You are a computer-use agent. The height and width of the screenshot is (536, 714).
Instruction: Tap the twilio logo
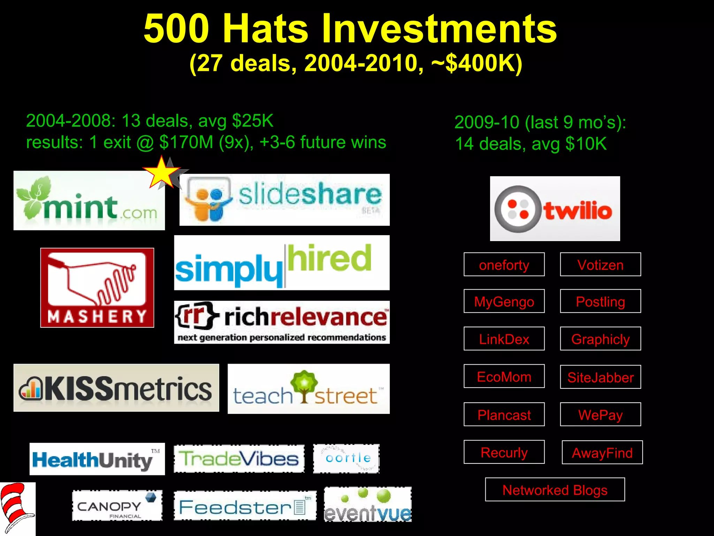tap(555, 209)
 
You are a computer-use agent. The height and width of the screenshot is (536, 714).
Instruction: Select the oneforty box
tap(504, 265)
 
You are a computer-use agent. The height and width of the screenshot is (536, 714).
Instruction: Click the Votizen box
tap(600, 265)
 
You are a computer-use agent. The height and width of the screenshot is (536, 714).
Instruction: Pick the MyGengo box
tap(504, 301)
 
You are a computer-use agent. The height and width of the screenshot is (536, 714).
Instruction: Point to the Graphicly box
tap(600, 339)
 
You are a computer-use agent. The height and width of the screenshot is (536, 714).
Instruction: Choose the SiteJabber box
tap(600, 377)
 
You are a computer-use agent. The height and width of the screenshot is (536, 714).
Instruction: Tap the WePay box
tap(600, 415)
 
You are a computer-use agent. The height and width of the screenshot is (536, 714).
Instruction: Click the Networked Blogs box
tap(555, 490)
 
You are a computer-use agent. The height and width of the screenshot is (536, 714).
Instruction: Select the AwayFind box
tap(602, 453)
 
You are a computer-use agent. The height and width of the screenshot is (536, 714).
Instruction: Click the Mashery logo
tap(97, 288)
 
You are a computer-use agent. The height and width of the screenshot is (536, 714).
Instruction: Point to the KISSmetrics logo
tap(116, 388)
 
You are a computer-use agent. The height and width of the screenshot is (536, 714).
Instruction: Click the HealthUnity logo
tap(97, 459)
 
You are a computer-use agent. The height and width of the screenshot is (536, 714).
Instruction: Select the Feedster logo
tap(245, 506)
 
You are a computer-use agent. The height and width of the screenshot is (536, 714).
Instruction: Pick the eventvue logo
tap(367, 505)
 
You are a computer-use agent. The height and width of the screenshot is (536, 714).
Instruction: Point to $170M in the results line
tap(186, 142)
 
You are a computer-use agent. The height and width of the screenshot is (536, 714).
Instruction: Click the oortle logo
tap(346, 459)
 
